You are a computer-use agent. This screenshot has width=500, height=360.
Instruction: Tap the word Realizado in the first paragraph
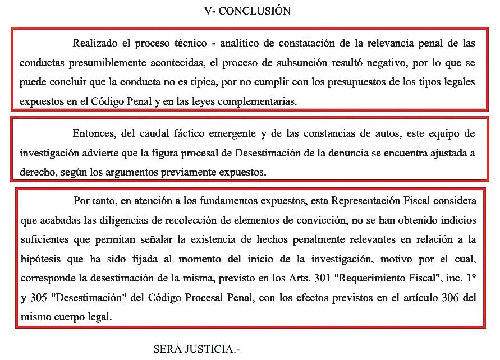[95, 43]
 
